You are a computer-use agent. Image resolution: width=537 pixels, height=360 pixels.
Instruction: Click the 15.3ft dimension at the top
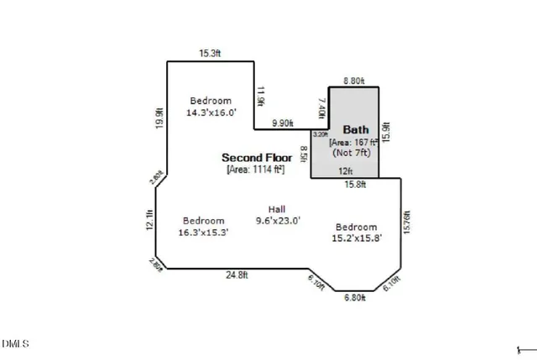click(210, 54)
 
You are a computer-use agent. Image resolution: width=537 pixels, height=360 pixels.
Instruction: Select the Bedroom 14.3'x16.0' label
click(211, 106)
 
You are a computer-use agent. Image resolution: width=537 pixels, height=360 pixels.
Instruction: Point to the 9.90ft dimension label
click(282, 123)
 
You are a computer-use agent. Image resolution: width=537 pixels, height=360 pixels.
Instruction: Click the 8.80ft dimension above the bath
click(353, 81)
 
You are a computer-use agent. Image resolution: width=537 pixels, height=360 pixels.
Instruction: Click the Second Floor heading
click(257, 157)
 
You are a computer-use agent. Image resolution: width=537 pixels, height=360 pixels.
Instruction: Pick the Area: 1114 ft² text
click(256, 170)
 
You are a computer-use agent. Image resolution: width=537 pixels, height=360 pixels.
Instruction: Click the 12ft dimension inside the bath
click(345, 172)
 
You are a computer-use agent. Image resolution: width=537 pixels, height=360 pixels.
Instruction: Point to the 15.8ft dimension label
click(355, 185)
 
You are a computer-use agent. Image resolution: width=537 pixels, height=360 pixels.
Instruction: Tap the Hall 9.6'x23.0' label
click(278, 215)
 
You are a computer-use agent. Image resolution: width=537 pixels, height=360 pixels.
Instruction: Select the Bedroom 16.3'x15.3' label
click(204, 227)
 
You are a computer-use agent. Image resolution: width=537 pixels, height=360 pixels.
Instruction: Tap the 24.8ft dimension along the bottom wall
click(236, 274)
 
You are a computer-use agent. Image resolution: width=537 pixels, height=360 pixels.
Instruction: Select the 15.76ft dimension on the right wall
click(407, 223)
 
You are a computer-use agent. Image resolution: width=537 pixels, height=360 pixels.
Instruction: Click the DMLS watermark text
click(16, 343)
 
